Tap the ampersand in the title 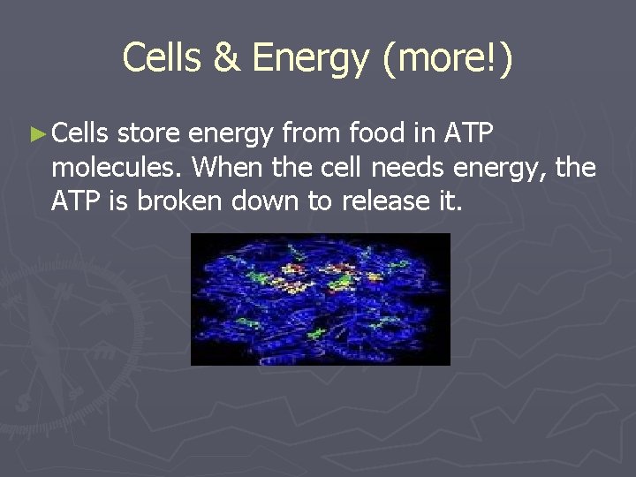tap(228, 59)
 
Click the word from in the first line tap(313, 133)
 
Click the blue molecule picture tap(320, 299)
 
